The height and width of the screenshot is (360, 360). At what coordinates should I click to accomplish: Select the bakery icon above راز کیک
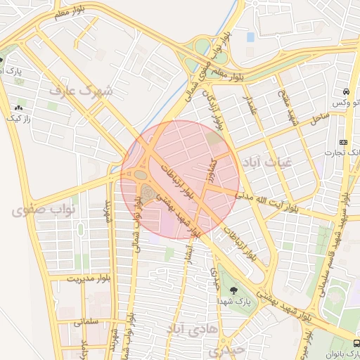18,108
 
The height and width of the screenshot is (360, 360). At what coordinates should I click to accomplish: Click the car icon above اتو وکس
346,92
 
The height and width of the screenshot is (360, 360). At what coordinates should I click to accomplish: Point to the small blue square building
250,36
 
